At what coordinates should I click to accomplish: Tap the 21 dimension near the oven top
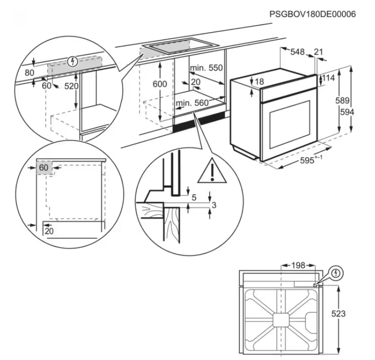click(318, 52)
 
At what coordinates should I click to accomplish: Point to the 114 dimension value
click(329, 79)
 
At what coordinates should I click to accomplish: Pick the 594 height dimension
click(360, 112)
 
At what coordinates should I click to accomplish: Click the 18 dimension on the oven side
click(259, 82)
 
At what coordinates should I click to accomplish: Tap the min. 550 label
click(207, 68)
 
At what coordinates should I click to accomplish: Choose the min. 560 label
click(192, 103)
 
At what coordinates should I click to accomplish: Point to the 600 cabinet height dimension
click(159, 84)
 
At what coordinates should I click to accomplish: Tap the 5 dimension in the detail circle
click(194, 198)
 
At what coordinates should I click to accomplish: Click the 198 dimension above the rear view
click(297, 265)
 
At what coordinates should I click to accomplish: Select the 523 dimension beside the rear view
click(339, 314)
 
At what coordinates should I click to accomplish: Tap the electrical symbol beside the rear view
click(337, 273)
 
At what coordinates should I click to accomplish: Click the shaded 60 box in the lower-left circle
click(44, 167)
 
